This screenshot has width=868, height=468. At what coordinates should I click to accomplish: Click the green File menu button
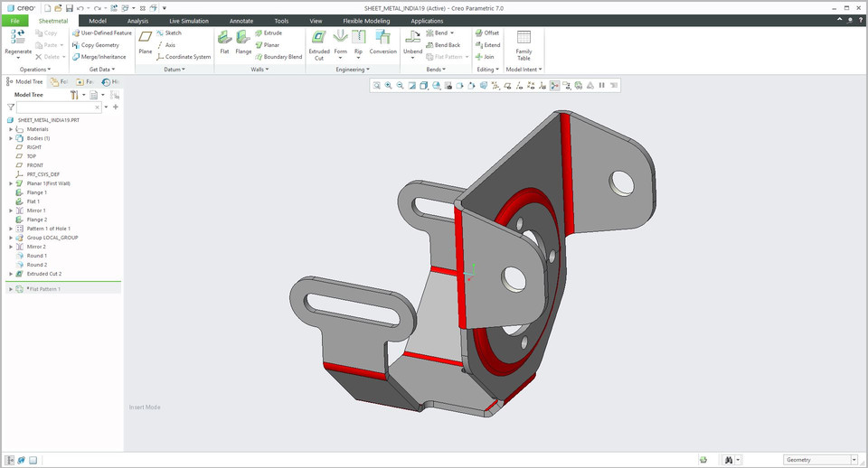(14, 20)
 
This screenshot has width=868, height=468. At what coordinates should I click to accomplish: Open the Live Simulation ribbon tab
(187, 20)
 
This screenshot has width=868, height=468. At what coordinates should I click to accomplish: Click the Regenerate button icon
(18, 37)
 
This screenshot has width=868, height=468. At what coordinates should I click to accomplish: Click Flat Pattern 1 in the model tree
(45, 289)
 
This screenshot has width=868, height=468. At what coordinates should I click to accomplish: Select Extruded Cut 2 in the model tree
(44, 273)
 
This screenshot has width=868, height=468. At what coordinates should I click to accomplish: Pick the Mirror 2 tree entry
(36, 247)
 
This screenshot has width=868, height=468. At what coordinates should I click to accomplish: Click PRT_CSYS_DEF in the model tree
(43, 174)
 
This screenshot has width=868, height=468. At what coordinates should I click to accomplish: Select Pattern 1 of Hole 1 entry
(48, 229)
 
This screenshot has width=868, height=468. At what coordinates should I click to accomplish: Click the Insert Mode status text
(145, 407)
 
